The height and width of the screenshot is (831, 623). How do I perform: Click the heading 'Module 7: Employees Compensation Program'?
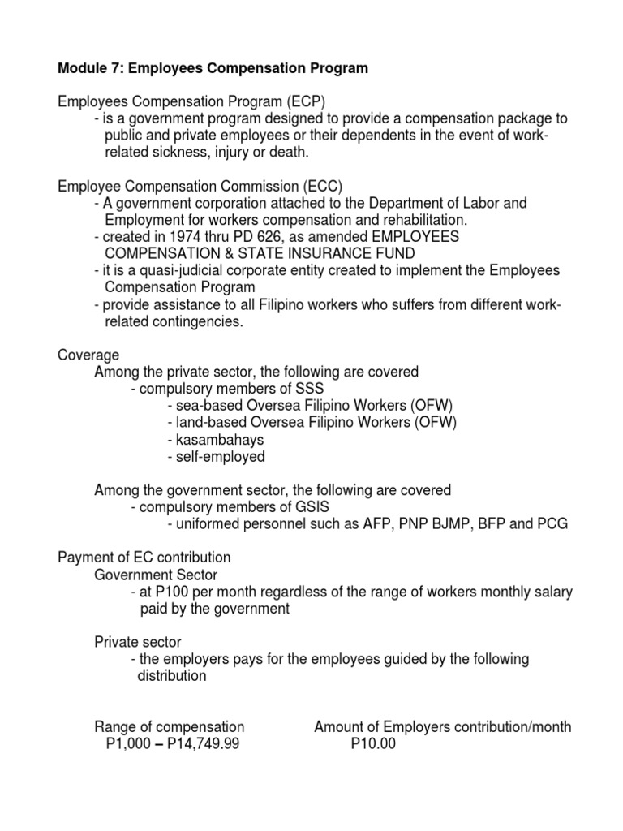coord(213,69)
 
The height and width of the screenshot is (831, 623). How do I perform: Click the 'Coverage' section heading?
coord(88,355)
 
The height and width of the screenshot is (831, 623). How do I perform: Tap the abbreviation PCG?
coord(552,524)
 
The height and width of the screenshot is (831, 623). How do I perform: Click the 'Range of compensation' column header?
coord(170,726)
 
